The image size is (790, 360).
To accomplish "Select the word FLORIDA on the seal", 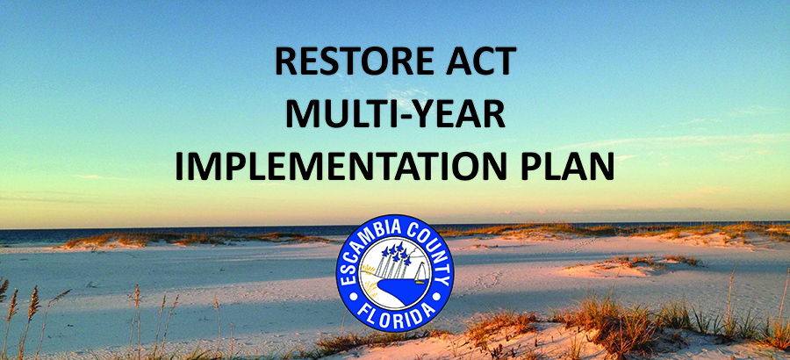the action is (395, 313).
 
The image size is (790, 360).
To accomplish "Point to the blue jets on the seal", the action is (393, 252).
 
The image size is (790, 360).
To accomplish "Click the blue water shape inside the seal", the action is (397, 292).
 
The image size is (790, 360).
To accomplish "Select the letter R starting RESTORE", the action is (285, 62).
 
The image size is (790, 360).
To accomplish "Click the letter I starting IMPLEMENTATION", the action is (179, 165).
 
